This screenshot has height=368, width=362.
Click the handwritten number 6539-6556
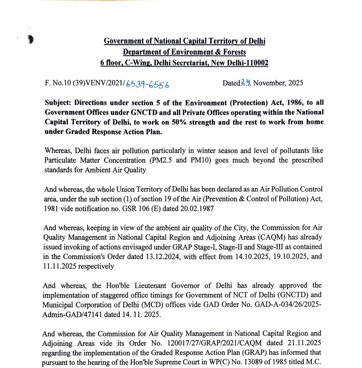147,84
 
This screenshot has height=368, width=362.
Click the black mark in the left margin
30,39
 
